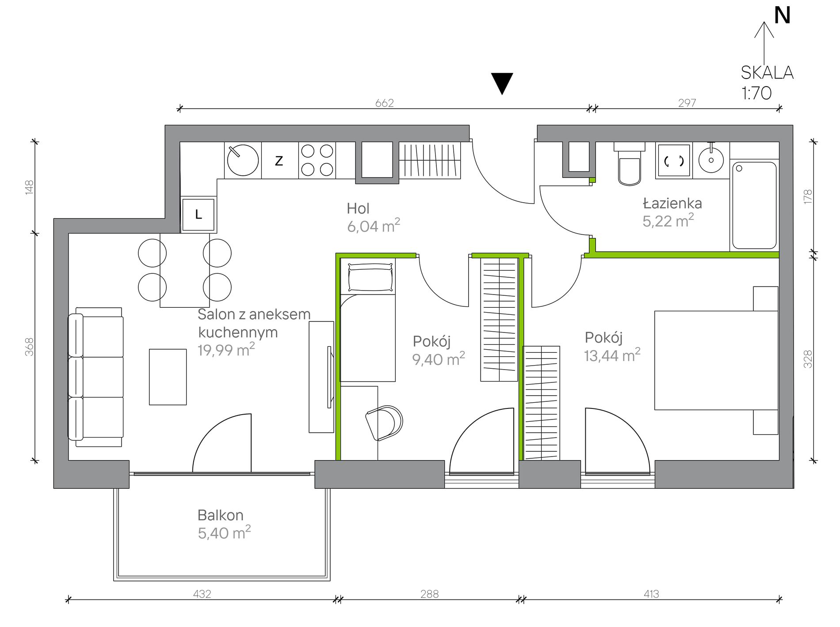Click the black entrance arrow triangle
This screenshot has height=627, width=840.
pos(502,83)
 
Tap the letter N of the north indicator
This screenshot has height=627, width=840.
pos(783,15)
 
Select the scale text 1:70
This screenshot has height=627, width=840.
pos(756,93)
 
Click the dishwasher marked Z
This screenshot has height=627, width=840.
pos(280,160)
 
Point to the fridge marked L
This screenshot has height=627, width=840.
pos(199,215)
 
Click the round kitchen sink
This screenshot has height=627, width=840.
pos(243,160)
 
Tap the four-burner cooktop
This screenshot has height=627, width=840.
pos(317,160)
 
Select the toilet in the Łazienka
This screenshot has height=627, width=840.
pos(630,164)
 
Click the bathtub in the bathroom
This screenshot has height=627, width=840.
pos(754,205)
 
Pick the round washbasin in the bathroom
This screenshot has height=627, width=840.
pos(711,159)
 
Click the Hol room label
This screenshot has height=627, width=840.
pos(358,208)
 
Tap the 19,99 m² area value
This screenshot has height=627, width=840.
pos(226,350)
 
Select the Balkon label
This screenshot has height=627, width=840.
pos(221,515)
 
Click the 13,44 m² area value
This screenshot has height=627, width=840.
pos(612,355)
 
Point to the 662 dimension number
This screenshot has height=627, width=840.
pos(384,103)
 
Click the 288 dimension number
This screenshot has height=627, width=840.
pos(429,594)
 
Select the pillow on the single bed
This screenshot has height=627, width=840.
pos(370,277)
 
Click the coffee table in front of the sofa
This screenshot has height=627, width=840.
pos(168,377)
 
